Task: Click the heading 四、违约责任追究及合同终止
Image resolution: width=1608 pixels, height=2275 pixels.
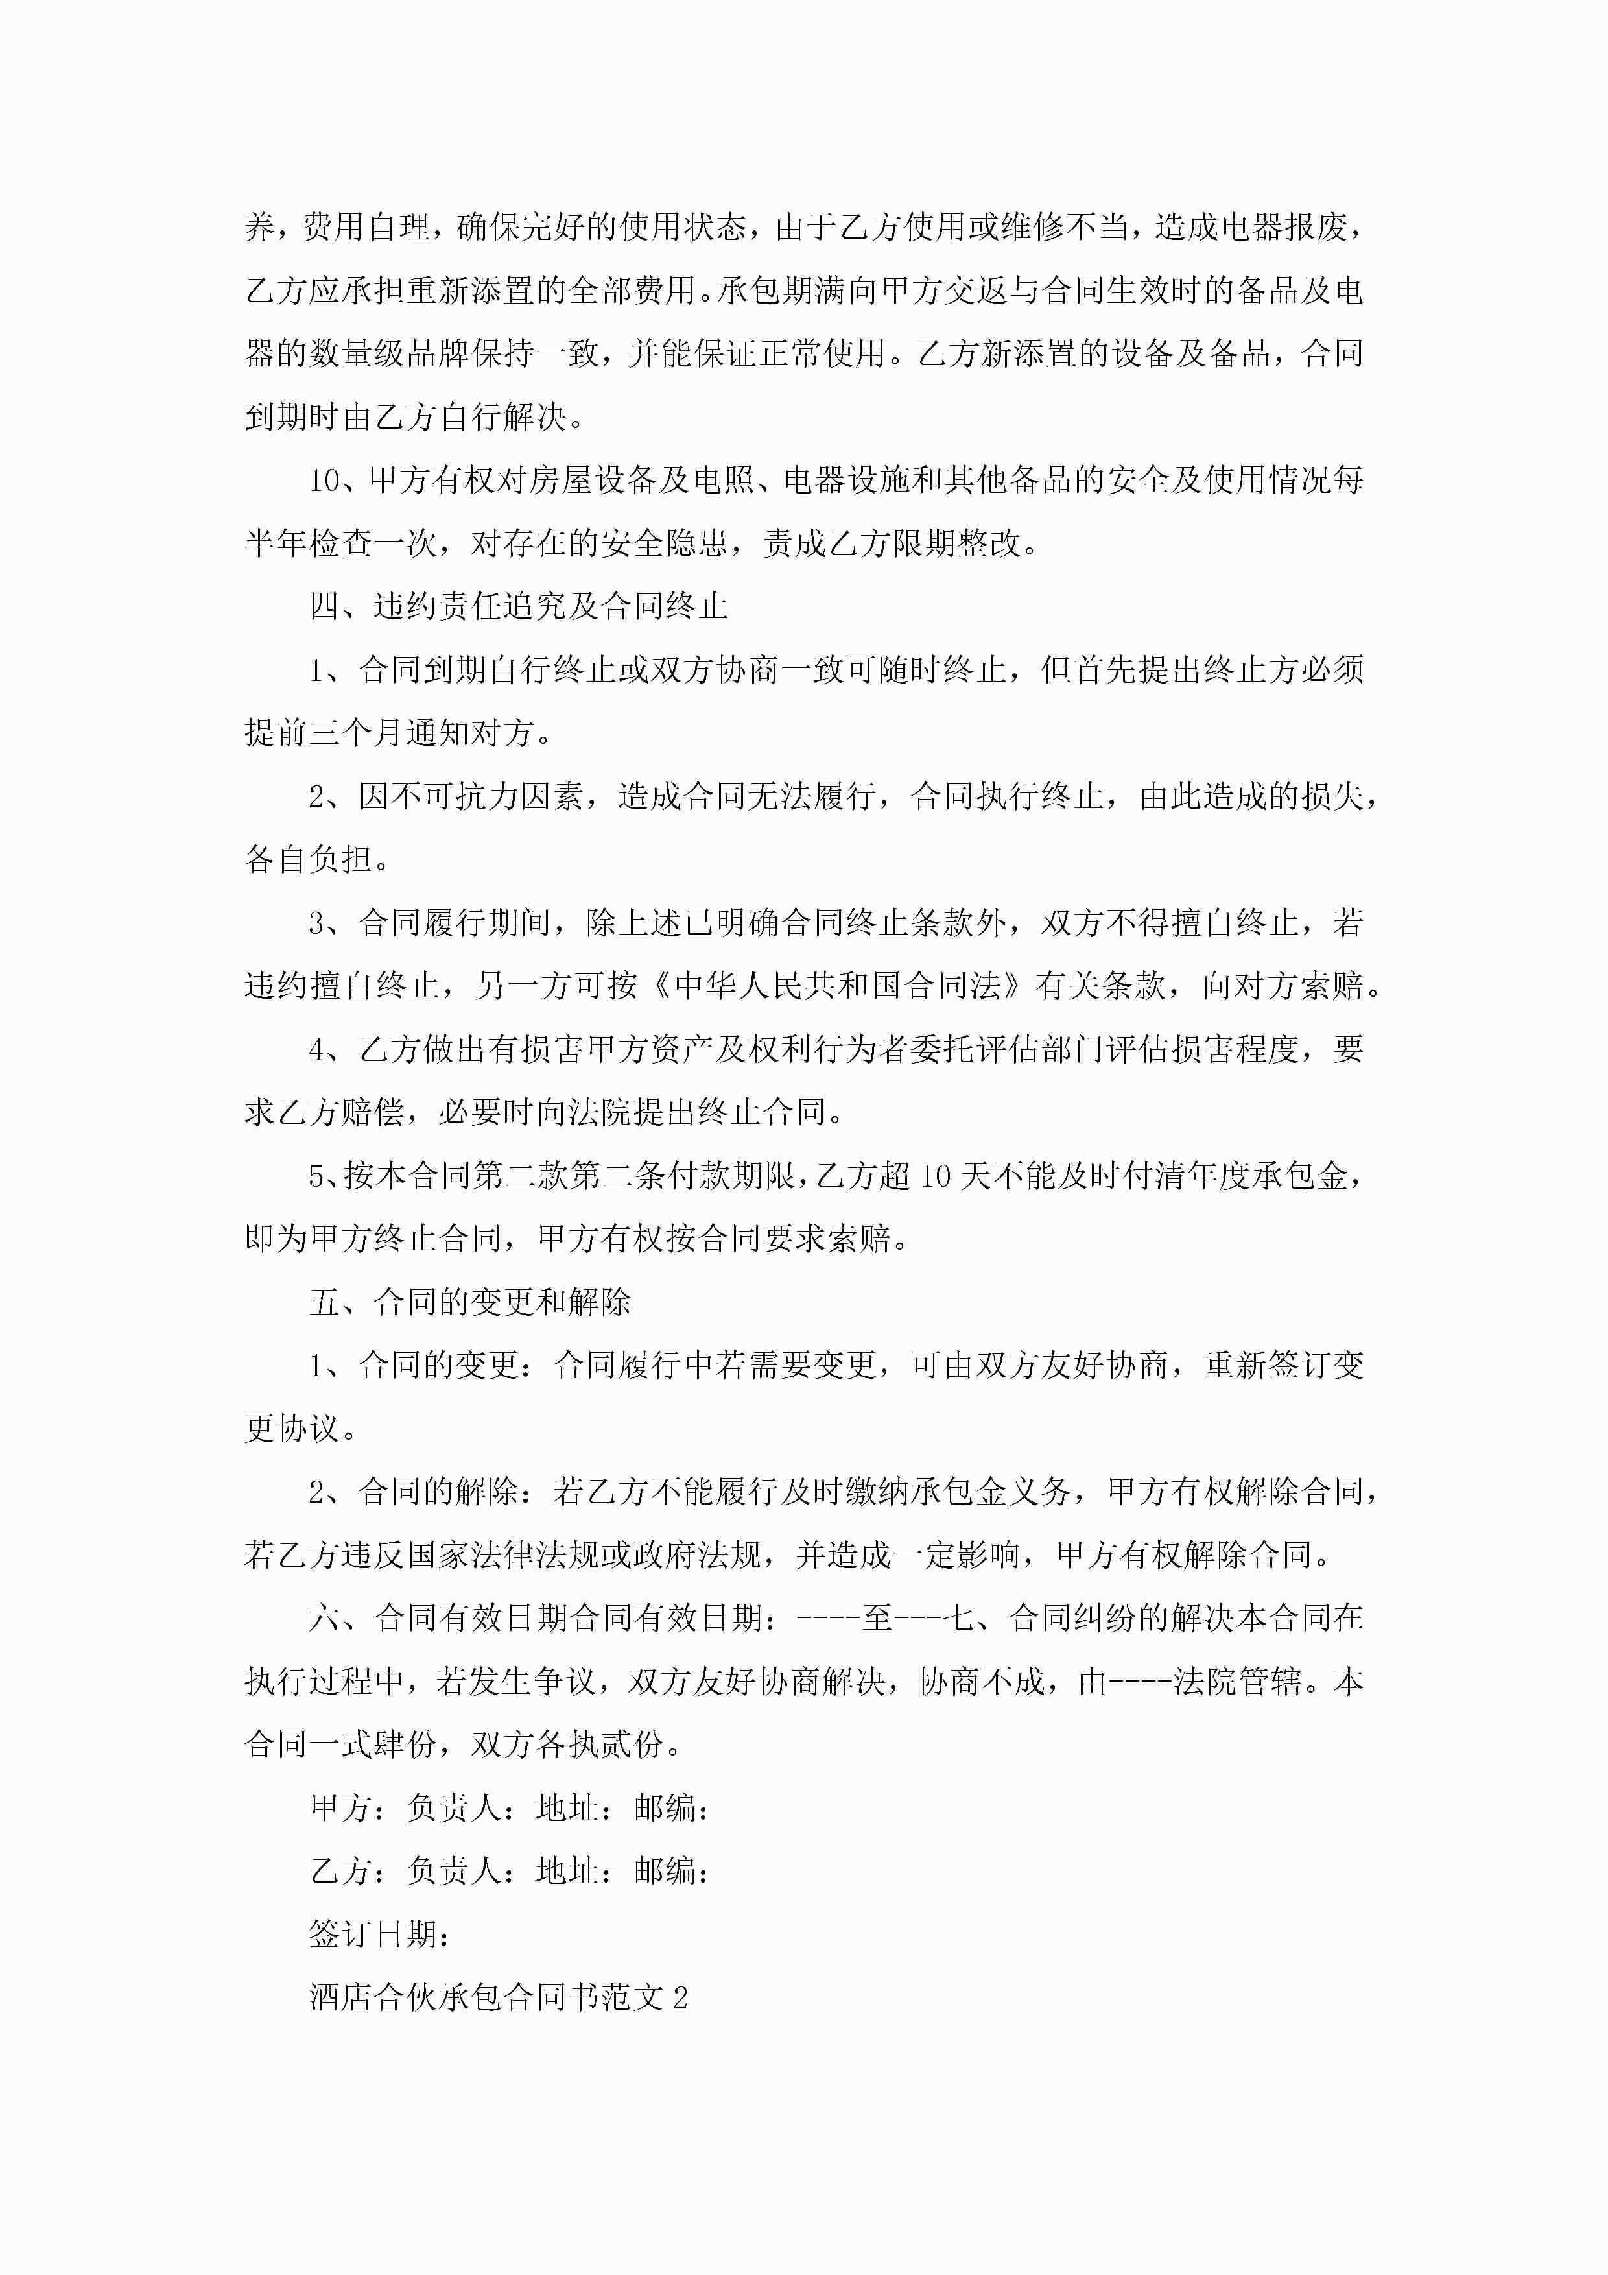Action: pos(518,606)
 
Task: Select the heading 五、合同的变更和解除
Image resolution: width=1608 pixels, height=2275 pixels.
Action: pos(469,1302)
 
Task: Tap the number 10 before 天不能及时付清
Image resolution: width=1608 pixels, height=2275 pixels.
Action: pos(935,1176)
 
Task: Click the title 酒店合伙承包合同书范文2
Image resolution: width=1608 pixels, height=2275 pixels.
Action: pos(499,1997)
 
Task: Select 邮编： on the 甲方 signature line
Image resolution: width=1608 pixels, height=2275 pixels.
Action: pos(672,1808)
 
